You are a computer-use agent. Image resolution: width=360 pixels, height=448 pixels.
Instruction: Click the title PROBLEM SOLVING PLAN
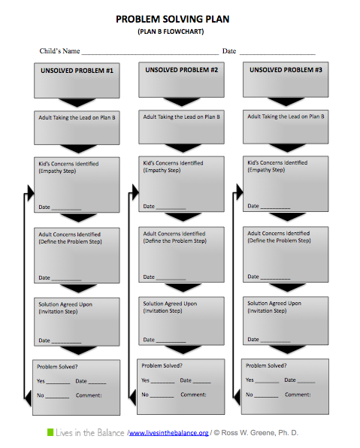[172, 19]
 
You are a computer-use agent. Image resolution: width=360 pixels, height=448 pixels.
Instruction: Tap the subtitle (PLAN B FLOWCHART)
[171, 32]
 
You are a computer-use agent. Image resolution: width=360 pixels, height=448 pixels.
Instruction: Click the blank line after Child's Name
[150, 53]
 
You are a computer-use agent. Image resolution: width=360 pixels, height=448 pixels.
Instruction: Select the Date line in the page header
[277, 53]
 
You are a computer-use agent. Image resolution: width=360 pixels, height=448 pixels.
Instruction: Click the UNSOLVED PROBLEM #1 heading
[77, 71]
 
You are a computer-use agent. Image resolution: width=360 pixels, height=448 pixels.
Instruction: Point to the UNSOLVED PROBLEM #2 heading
[181, 70]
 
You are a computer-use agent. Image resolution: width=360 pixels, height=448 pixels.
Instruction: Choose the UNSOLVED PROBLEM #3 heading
[286, 70]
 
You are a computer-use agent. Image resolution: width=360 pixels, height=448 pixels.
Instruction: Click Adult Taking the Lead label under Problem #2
[181, 117]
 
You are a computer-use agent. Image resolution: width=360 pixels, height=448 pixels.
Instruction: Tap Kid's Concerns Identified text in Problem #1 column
[68, 164]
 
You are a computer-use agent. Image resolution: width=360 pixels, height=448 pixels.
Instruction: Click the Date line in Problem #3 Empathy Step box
[275, 208]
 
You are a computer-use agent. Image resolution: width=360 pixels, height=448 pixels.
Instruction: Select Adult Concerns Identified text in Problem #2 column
[174, 234]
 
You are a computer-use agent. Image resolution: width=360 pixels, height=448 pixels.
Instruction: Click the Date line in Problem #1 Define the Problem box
[66, 280]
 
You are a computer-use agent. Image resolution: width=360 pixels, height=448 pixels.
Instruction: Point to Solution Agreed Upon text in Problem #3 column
[274, 304]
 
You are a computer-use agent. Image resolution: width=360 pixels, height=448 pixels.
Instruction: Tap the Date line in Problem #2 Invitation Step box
[171, 342]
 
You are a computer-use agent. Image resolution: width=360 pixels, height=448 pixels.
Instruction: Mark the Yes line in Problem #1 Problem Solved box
[58, 383]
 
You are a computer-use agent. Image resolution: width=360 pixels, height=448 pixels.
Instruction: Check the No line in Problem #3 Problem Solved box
[266, 397]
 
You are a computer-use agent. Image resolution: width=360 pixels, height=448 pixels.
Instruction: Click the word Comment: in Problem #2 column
[193, 395]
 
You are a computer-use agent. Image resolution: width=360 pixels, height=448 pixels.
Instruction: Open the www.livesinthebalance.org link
[168, 433]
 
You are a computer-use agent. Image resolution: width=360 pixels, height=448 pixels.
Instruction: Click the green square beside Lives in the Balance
[50, 432]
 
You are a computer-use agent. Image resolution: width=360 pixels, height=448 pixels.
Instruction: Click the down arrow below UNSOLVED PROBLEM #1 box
[77, 102]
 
